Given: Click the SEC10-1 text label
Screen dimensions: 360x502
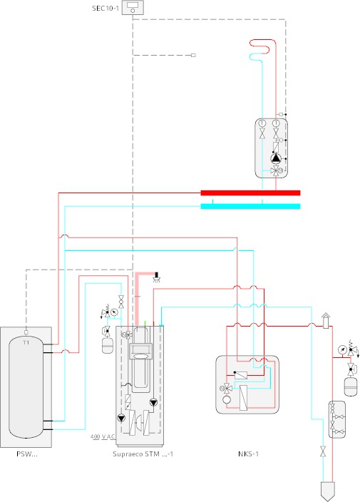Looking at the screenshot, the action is pyautogui.click(x=106, y=9).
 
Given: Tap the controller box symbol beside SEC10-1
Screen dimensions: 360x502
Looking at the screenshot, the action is pyautogui.click(x=133, y=8).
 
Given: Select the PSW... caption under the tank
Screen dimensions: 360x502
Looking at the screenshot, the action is pyautogui.click(x=27, y=454).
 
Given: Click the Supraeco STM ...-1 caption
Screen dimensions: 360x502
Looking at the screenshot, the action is pyautogui.click(x=143, y=454).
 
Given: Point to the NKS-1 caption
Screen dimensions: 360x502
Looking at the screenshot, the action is pyautogui.click(x=248, y=454).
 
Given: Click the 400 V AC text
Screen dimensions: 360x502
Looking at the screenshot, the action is pyautogui.click(x=103, y=436).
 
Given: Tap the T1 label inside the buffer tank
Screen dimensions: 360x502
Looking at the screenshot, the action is pyautogui.click(x=26, y=342).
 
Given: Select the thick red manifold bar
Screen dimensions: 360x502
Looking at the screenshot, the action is pyautogui.click(x=250, y=193).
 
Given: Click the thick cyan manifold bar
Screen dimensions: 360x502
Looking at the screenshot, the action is pyautogui.click(x=250, y=206).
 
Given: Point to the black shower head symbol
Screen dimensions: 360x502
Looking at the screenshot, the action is pyautogui.click(x=157, y=277).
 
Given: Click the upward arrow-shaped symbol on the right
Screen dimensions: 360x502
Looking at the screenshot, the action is pyautogui.click(x=326, y=320).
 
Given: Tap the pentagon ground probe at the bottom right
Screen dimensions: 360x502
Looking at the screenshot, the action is pyautogui.click(x=328, y=491).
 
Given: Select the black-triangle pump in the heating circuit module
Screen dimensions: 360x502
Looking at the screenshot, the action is pyautogui.click(x=275, y=158).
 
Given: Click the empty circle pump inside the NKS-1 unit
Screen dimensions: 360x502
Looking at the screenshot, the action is pyautogui.click(x=227, y=399).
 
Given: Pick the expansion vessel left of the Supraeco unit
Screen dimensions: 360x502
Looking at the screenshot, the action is pyautogui.click(x=107, y=345).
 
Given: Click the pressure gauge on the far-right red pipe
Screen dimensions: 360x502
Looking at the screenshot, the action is pyautogui.click(x=342, y=349).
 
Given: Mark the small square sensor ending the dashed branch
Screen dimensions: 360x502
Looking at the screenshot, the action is pyautogui.click(x=193, y=55).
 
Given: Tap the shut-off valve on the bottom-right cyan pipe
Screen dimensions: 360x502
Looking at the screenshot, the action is pyautogui.click(x=323, y=451).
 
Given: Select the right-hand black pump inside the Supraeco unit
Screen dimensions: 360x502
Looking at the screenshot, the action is pyautogui.click(x=153, y=402).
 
